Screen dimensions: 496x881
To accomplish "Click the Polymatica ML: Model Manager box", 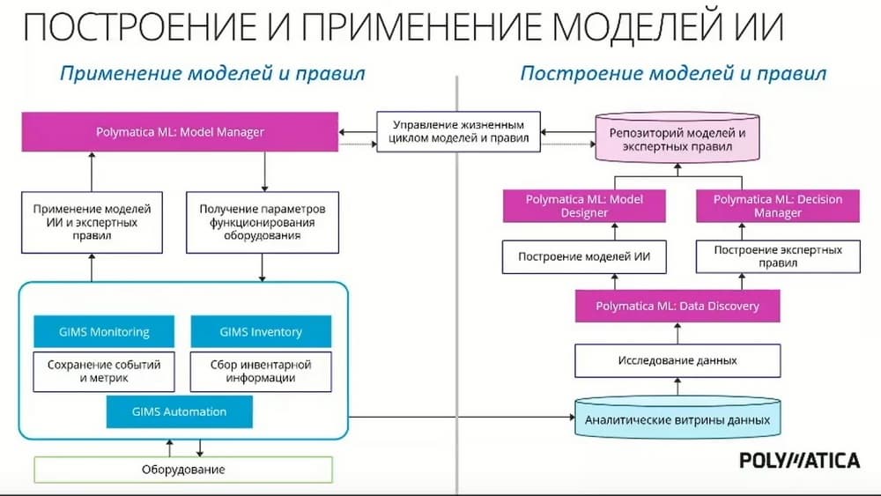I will point(181,132).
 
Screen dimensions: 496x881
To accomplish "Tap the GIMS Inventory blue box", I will point(261,332).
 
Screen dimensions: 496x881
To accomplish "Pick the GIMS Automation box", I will point(179,411).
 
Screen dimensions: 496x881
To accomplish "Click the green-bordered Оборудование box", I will point(183,470).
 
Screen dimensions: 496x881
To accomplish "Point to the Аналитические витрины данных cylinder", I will point(677,419).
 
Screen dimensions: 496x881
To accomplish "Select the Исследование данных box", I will point(677,360).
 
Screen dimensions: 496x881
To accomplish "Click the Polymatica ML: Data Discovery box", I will point(677,306).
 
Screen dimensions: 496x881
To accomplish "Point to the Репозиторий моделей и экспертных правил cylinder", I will point(677,139).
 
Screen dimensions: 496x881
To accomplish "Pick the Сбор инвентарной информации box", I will point(261,371).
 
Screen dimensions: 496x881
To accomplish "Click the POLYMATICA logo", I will point(799,460).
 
